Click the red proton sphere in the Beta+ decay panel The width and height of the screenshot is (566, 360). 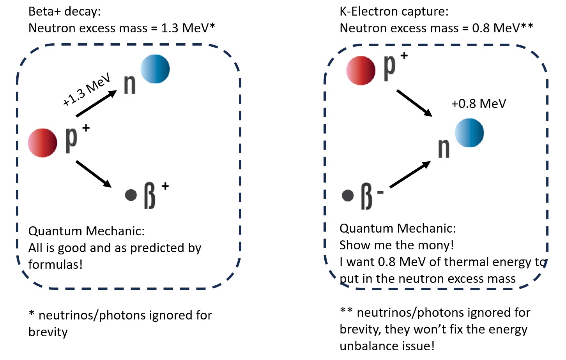pyautogui.click(x=42, y=143)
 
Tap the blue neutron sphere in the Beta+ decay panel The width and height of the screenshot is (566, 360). pyautogui.click(x=155, y=69)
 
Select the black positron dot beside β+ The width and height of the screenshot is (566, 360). pyautogui.click(x=131, y=195)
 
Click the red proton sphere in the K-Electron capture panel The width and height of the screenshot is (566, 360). pyautogui.click(x=361, y=71)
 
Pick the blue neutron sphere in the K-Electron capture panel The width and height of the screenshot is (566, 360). pyautogui.click(x=469, y=133)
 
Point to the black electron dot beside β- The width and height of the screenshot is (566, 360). pyautogui.click(x=348, y=195)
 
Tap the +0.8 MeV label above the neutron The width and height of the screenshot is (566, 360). pyautogui.click(x=479, y=104)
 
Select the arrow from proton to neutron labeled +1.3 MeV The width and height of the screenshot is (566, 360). pyautogui.click(x=96, y=104)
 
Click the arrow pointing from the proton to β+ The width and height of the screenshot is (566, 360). pyautogui.click(x=94, y=174)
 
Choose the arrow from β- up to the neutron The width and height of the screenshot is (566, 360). pyautogui.click(x=410, y=175)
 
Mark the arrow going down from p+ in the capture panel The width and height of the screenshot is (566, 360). pyautogui.click(x=414, y=103)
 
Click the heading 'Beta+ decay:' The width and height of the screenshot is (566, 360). pyautogui.click(x=64, y=12)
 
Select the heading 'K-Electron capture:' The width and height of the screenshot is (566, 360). pyautogui.click(x=394, y=12)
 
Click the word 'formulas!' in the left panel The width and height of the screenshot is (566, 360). pyautogui.click(x=55, y=265)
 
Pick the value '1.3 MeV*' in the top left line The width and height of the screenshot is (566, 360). pyautogui.click(x=188, y=28)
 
